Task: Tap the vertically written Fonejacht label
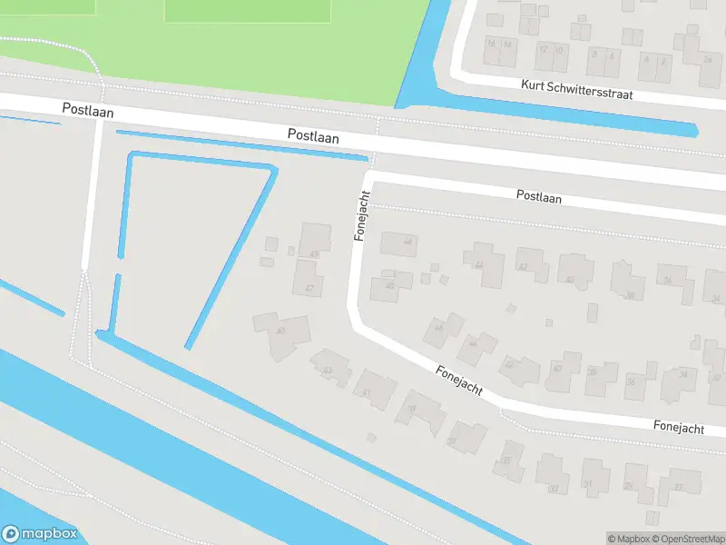click(362, 215)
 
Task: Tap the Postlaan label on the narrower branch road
click(538, 196)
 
